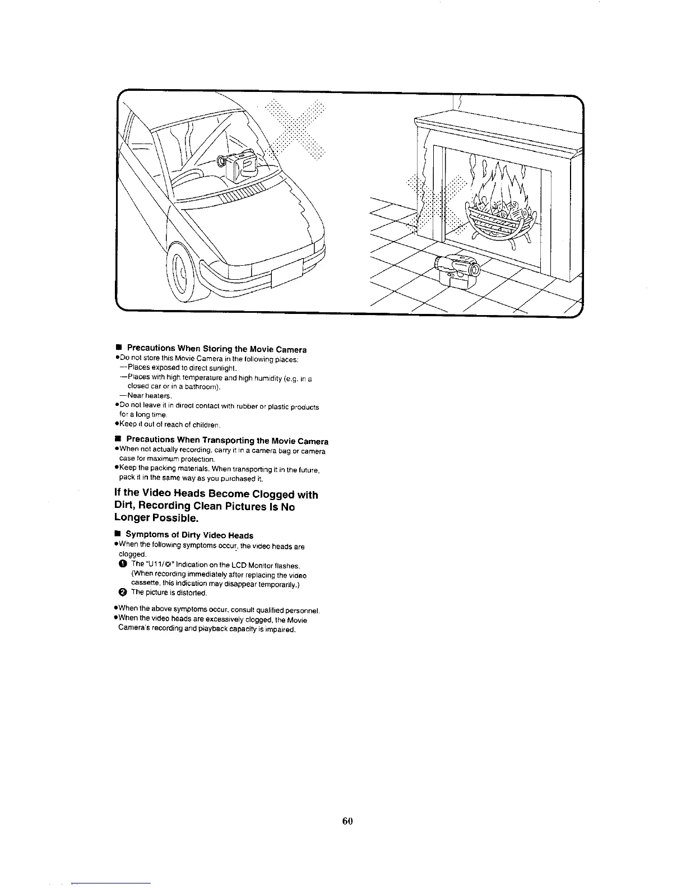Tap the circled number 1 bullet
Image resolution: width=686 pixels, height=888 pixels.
click(x=123, y=565)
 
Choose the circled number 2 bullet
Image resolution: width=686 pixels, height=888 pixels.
click(x=123, y=593)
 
